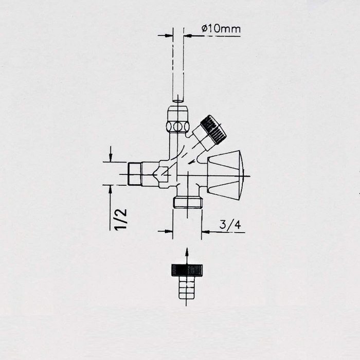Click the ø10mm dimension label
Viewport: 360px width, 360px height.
click(x=221, y=29)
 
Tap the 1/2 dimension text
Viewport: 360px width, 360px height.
click(x=120, y=219)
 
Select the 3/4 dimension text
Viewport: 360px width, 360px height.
click(x=230, y=224)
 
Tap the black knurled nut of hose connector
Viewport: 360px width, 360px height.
click(x=187, y=270)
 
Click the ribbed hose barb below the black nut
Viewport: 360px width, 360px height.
click(x=187, y=287)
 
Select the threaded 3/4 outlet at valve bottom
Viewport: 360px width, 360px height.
click(x=188, y=203)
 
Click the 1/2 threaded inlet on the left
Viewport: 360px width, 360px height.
click(x=134, y=174)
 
